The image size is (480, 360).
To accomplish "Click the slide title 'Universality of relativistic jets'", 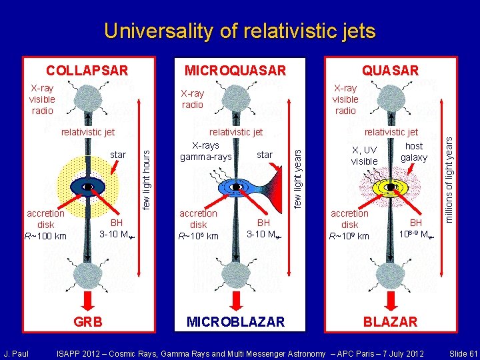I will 239,31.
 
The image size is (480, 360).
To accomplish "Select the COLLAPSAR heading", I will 87,70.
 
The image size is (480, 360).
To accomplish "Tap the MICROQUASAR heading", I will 235,70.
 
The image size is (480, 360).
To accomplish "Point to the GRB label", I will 88,322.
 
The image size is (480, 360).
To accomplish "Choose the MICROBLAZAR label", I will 235,322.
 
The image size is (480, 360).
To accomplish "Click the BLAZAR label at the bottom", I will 390,322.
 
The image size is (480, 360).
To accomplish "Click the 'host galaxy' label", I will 413,151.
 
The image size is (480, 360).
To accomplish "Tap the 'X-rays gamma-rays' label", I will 206,151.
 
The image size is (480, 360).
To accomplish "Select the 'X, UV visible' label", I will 364,156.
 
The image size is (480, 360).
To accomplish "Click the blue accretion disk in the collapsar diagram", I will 88,187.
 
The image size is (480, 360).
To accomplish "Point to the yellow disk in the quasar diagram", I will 391,187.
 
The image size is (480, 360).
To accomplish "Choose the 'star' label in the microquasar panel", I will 265,155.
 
